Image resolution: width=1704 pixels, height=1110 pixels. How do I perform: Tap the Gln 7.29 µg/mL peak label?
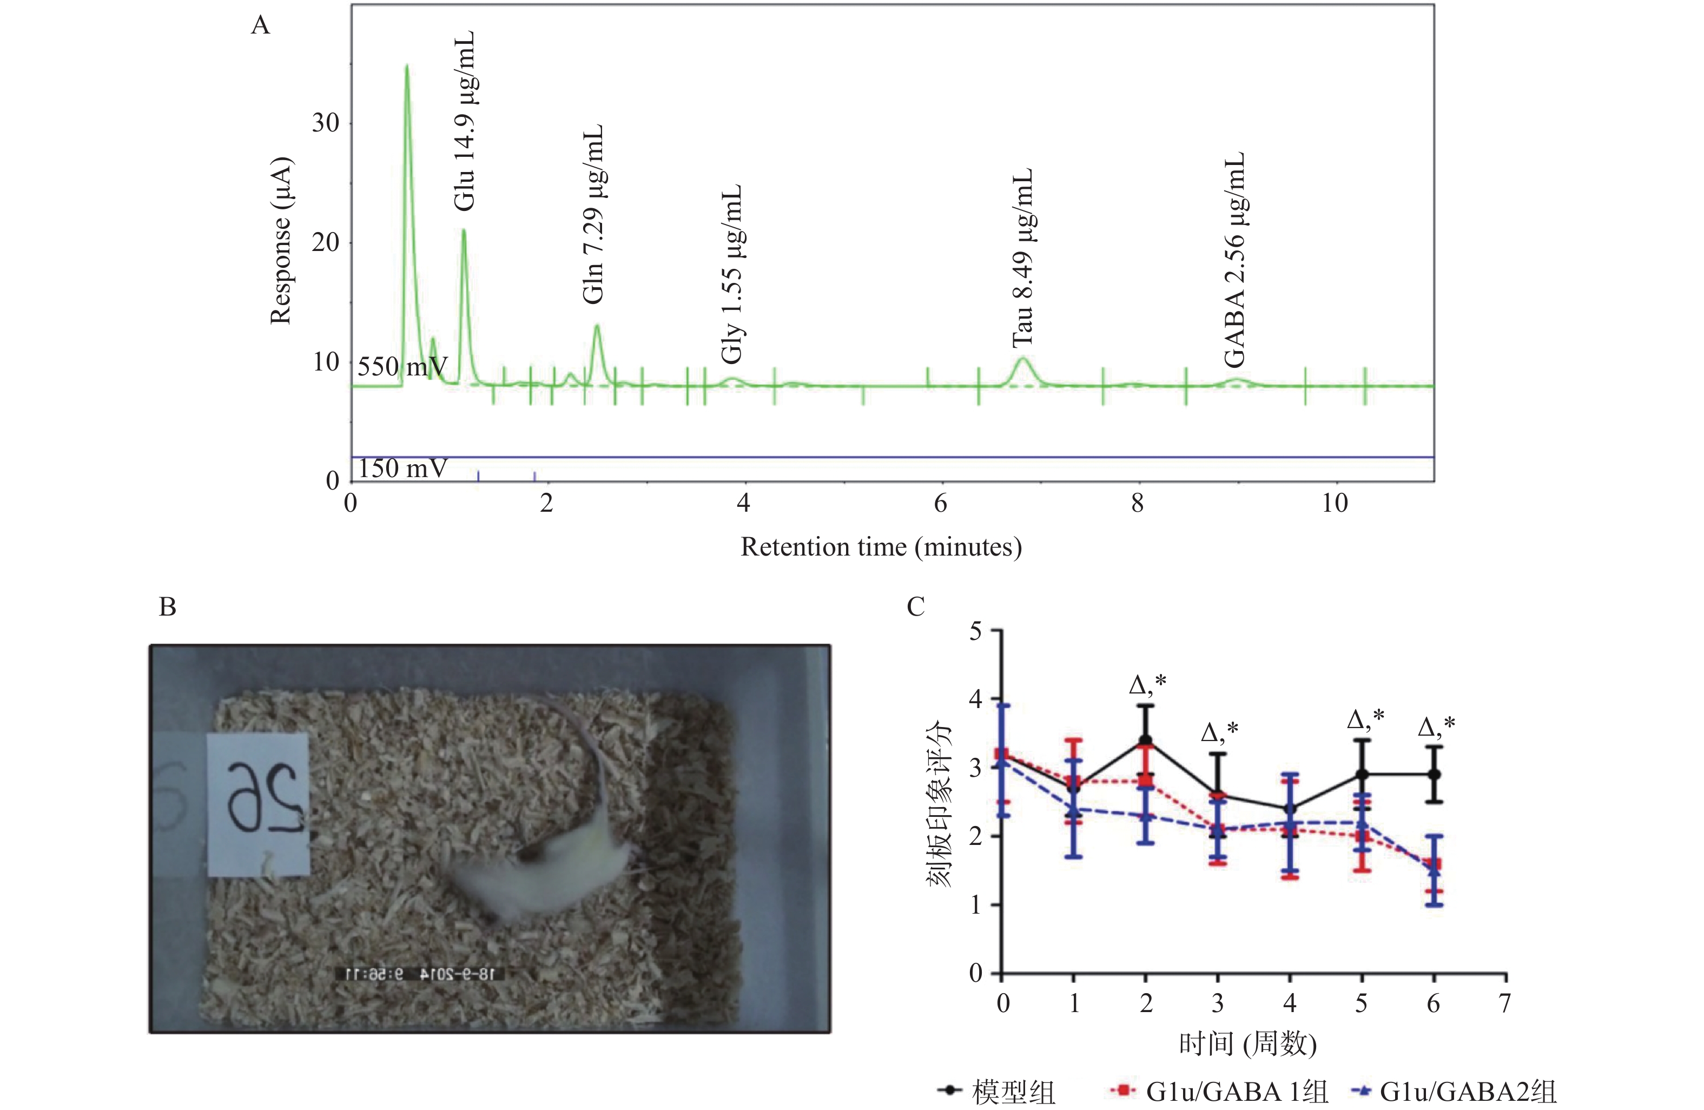tap(593, 214)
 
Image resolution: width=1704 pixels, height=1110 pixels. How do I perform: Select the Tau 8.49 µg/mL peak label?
tap(1023, 258)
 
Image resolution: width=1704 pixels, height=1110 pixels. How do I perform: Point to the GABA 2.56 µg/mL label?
tap(1234, 259)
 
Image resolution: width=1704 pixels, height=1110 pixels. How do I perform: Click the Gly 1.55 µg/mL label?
tap(732, 274)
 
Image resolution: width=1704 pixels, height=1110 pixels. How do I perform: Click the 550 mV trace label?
tap(402, 367)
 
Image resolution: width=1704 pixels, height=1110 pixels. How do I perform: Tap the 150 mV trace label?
tap(402, 468)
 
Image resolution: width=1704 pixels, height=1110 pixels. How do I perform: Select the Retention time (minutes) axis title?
tap(881, 547)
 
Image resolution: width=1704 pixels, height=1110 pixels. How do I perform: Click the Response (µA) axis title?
tap(281, 240)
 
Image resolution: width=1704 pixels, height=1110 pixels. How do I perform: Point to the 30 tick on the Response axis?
tap(326, 123)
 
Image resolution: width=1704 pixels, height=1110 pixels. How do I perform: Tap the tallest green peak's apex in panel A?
tap(407, 67)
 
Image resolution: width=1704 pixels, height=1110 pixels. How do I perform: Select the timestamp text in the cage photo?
tap(420, 974)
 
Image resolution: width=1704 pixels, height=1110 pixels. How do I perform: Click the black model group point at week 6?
tap(1434, 774)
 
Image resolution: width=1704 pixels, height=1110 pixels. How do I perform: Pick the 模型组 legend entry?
tap(996, 1092)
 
